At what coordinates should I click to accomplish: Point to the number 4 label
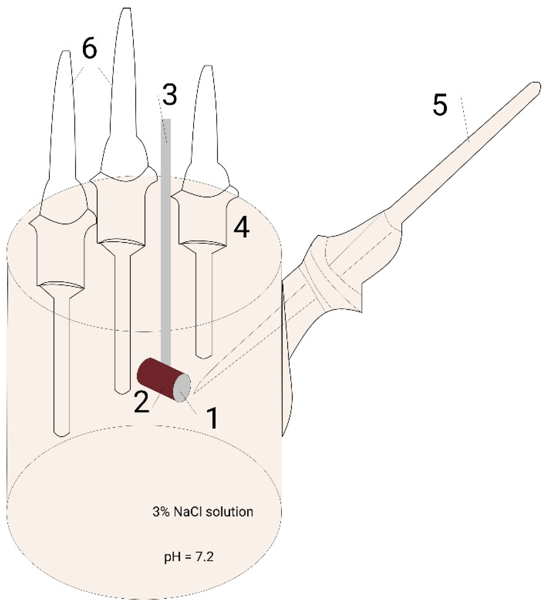tap(242, 228)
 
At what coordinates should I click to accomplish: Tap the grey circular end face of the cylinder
tap(182, 388)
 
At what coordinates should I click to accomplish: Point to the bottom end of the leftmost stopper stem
tap(62, 435)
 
